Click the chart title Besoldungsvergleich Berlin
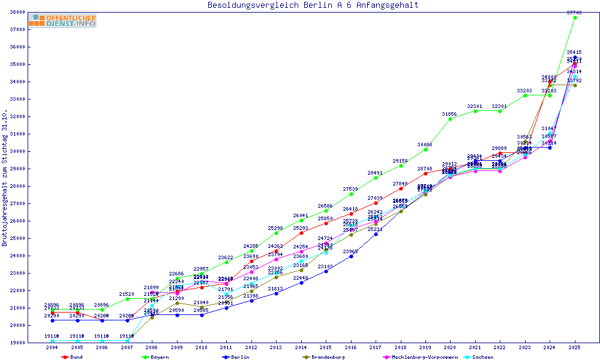313,5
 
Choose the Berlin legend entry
238,357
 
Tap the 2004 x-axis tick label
53,347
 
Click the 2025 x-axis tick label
575,347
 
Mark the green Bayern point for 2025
575,17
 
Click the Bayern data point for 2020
451,119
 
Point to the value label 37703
575,12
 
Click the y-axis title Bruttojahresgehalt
5,178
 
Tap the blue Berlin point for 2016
351,256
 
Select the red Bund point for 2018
401,188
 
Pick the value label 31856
451,113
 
